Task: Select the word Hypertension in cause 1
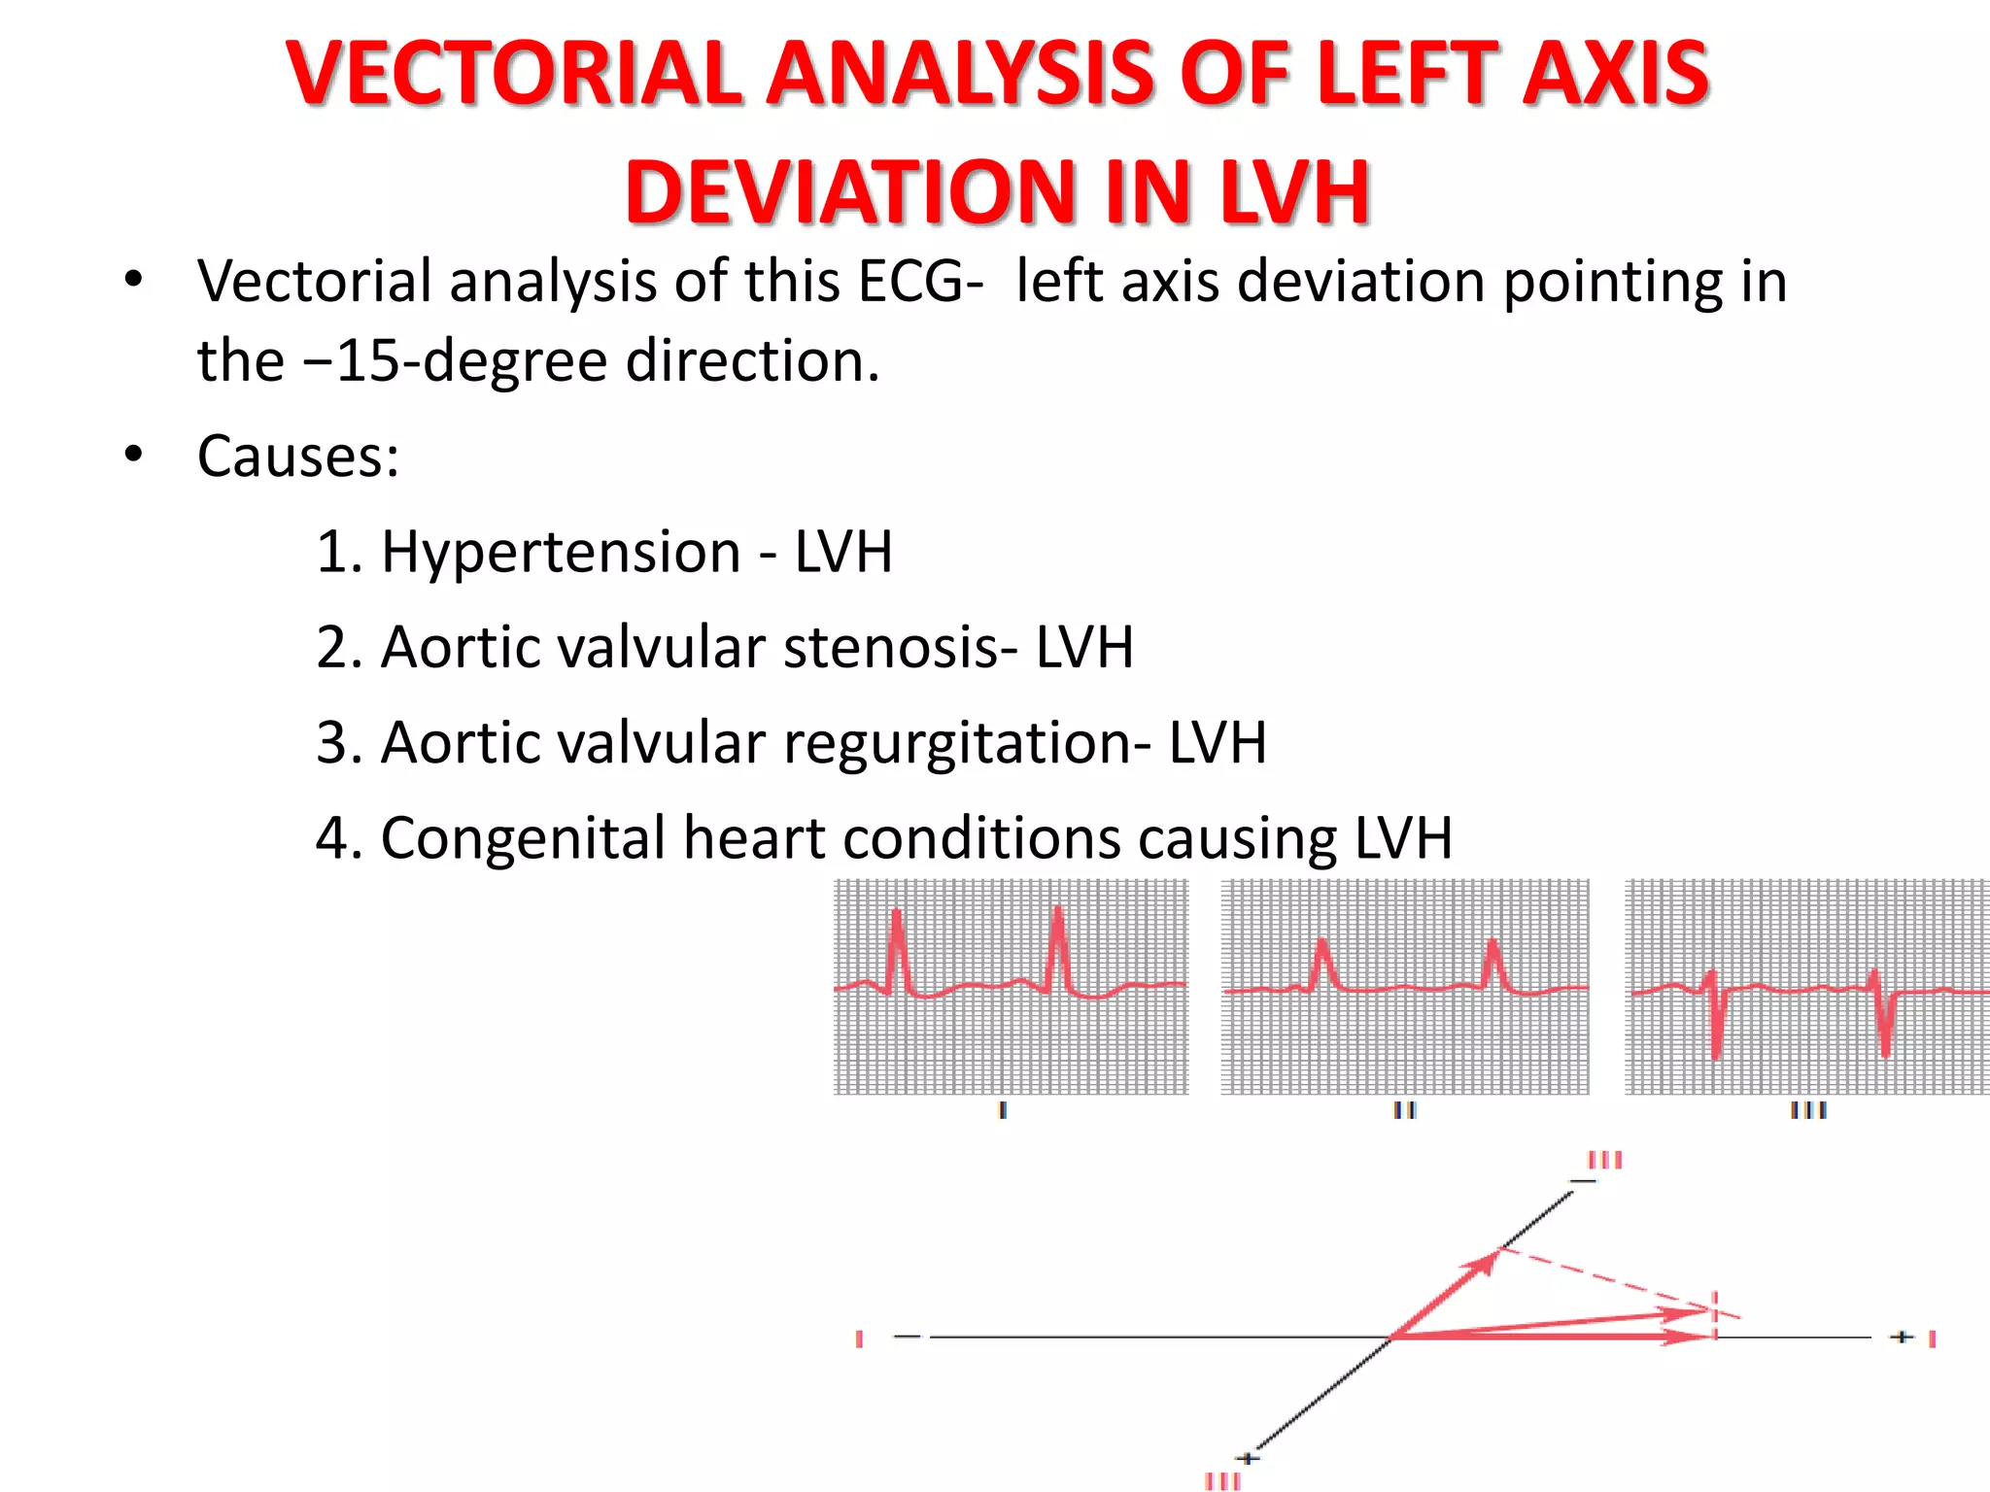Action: pos(561,552)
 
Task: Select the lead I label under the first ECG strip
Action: pos(1003,1109)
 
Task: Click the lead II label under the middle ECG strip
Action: pos(1405,1109)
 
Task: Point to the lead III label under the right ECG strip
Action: pos(1808,1109)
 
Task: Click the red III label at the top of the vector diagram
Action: pos(1605,1160)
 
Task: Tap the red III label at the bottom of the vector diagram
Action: pos(1222,1481)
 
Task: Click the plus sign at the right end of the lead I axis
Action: pos(1902,1338)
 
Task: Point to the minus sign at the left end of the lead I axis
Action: pos(907,1338)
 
